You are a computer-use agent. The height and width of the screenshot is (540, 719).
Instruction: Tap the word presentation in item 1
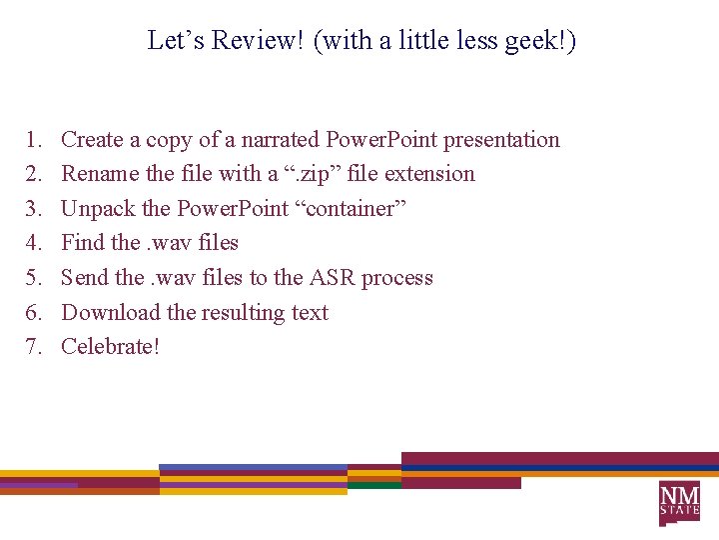click(x=501, y=140)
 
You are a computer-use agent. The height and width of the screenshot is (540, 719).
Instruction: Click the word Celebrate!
click(x=111, y=347)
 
